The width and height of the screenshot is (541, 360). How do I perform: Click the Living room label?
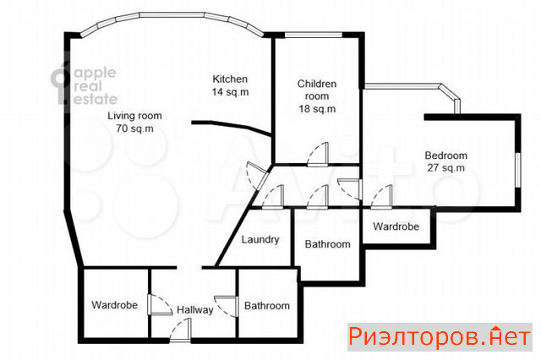pyautogui.click(x=134, y=116)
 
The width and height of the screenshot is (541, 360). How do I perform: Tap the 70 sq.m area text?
pyautogui.click(x=134, y=128)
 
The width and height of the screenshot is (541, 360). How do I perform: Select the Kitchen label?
pyautogui.click(x=230, y=79)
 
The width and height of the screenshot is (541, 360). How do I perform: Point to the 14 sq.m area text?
pyautogui.click(x=230, y=92)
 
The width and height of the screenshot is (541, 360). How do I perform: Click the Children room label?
pyautogui.click(x=317, y=90)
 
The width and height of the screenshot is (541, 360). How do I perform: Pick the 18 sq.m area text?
pyautogui.click(x=317, y=109)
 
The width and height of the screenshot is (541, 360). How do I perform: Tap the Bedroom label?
pyautogui.click(x=445, y=155)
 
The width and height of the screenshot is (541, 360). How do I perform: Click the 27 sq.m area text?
pyautogui.click(x=445, y=168)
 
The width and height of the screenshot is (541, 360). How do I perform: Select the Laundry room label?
pyautogui.click(x=260, y=240)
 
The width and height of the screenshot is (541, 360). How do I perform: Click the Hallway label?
pyautogui.click(x=195, y=310)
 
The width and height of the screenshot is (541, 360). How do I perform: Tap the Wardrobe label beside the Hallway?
pyautogui.click(x=115, y=305)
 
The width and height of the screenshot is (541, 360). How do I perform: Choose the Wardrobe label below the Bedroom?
pyautogui.click(x=396, y=226)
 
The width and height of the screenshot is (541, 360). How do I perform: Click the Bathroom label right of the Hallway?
pyautogui.click(x=267, y=306)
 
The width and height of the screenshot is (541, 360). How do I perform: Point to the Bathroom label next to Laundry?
pyautogui.click(x=327, y=244)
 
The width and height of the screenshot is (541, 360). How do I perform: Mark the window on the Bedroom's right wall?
pyautogui.click(x=517, y=170)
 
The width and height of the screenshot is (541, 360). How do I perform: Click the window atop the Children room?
pyautogui.click(x=314, y=35)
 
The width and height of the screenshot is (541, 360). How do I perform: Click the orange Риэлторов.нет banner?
pyautogui.click(x=440, y=337)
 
